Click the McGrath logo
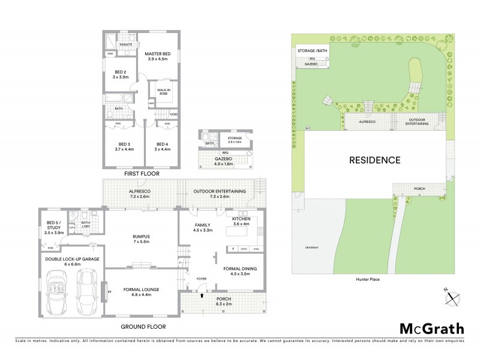pyautogui.click(x=431, y=328)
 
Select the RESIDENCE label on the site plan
pyautogui.click(x=374, y=160)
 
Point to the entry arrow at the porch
pyautogui.click(x=202, y=295)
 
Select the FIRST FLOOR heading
pyautogui.click(x=141, y=173)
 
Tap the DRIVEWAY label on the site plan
pyautogui.click(x=311, y=247)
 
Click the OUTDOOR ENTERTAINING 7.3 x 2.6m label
pyautogui.click(x=219, y=194)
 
